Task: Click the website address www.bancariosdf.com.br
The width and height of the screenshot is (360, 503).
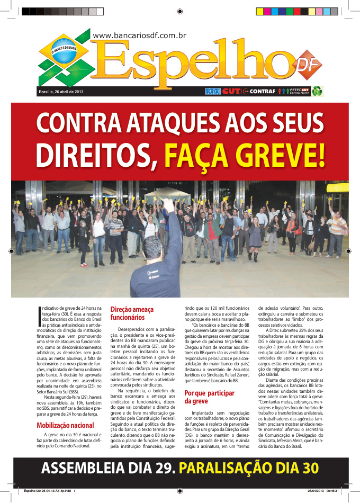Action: click(139, 35)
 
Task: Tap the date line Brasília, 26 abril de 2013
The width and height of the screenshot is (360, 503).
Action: click(61, 92)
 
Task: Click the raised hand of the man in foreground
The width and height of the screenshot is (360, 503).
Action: click(168, 204)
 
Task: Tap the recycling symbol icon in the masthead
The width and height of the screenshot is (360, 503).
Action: click(318, 91)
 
